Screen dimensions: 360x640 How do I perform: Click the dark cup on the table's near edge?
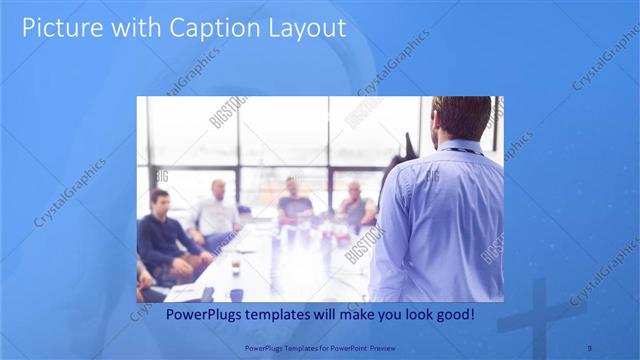[236, 294]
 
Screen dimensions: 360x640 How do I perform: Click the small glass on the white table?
[236, 266]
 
